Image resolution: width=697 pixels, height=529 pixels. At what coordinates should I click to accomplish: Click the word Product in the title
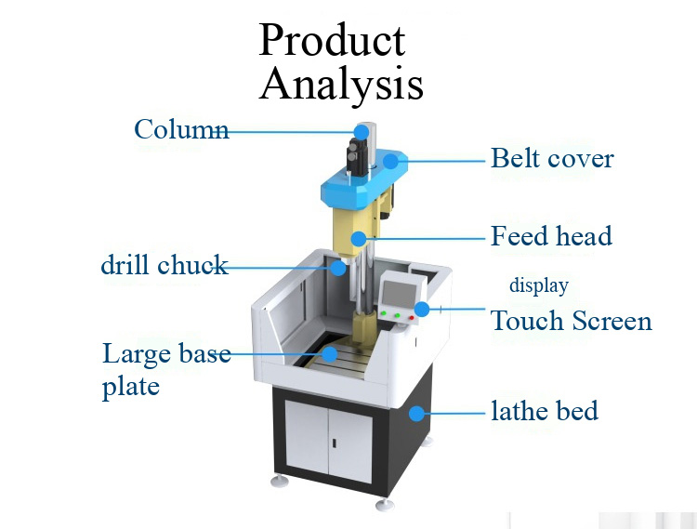(332, 39)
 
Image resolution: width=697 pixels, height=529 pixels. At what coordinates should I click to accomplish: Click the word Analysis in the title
(341, 84)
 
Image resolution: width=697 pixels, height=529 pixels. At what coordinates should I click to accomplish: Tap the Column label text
(180, 129)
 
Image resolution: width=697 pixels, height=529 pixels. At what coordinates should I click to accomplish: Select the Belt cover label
(552, 159)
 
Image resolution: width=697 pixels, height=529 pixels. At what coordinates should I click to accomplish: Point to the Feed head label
(551, 236)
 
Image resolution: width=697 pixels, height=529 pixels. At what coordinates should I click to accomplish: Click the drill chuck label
(164, 266)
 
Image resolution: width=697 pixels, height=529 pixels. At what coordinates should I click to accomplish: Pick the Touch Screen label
(571, 322)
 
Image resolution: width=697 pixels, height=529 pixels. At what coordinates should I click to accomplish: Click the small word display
(538, 285)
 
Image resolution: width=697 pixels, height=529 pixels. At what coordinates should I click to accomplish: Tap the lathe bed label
(545, 410)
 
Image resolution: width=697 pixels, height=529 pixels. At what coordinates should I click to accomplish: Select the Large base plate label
(165, 369)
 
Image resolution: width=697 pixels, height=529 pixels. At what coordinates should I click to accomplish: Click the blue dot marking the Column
(362, 132)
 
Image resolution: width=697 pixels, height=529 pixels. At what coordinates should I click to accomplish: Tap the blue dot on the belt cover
(391, 161)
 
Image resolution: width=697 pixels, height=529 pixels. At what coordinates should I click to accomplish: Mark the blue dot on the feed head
(360, 239)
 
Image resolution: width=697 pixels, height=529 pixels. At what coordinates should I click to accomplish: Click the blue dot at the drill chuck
(340, 268)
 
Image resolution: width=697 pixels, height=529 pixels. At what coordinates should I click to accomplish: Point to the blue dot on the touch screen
(422, 308)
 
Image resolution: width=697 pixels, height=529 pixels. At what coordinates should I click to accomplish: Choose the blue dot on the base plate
(329, 353)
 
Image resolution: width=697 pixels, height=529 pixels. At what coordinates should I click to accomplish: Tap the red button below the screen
(410, 317)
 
